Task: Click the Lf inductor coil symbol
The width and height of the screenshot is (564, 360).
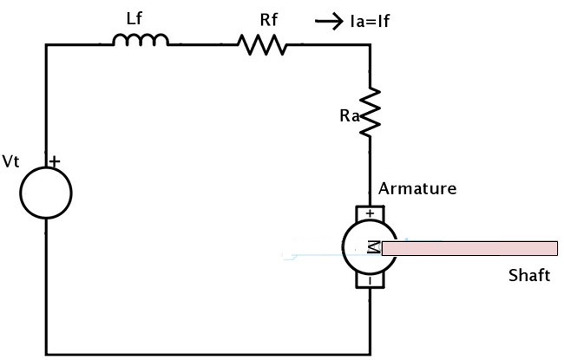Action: (x=141, y=39)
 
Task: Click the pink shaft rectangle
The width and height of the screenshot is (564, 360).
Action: (x=469, y=249)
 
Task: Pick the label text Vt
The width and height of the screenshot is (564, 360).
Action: (x=11, y=161)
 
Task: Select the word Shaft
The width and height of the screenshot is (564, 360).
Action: (x=528, y=277)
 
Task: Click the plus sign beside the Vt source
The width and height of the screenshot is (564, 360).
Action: (x=55, y=161)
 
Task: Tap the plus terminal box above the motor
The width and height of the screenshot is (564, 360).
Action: (x=371, y=213)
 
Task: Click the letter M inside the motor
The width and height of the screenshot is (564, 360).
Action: (x=371, y=248)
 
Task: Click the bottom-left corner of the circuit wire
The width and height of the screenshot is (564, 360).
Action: (x=46, y=353)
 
